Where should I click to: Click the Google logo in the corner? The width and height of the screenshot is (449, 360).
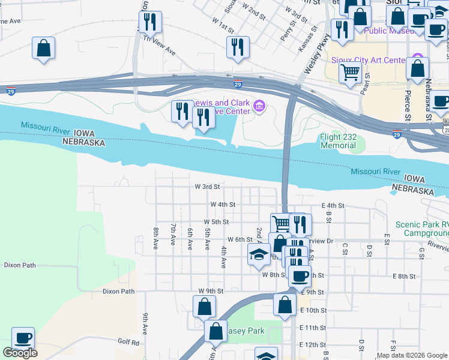coord(20,353)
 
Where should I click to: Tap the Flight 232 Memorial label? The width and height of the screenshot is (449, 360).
coord(339,141)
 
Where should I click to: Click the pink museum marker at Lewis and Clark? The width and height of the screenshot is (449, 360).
coord(259,107)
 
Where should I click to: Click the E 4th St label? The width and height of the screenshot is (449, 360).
coord(333,205)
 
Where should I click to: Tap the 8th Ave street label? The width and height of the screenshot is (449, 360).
coord(155,238)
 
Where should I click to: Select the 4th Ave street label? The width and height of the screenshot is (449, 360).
coord(223,257)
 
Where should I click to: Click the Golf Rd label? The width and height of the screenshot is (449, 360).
coord(128,343)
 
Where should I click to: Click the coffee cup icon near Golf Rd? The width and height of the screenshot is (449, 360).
coord(23,338)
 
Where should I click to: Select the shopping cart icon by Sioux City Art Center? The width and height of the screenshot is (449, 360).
coord(350,72)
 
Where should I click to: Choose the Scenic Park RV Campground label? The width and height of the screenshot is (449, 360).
coord(421,228)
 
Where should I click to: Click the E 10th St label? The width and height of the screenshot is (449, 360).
coord(312,310)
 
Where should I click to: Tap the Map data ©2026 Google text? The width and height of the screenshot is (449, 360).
coord(411,355)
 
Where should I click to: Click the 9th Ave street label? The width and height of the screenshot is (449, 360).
coord(145,323)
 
